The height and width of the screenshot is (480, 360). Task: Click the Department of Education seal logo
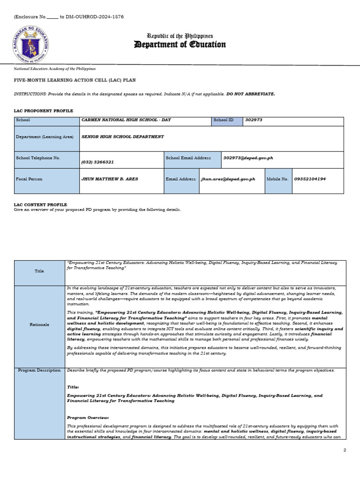31,45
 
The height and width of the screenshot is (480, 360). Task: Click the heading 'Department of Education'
180,45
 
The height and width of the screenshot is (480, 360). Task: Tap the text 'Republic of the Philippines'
180,36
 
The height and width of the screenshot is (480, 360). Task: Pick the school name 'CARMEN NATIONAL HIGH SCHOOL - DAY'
126,120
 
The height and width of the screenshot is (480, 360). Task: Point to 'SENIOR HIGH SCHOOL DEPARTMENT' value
123,137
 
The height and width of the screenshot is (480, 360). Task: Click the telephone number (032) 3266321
97,162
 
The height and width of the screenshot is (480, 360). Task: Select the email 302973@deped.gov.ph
248,158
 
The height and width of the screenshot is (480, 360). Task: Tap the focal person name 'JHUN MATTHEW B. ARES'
110,179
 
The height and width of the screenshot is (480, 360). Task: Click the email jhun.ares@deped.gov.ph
228,179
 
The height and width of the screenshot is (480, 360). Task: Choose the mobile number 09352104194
310,179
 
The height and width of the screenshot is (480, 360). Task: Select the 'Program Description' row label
39,370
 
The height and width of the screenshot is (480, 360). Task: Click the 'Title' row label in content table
39,271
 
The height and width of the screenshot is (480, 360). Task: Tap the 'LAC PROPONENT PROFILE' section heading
43,111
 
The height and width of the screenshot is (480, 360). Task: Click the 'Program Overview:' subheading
88,417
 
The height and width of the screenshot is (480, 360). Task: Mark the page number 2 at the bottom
345,450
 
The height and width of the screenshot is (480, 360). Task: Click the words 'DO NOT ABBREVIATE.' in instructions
251,94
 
